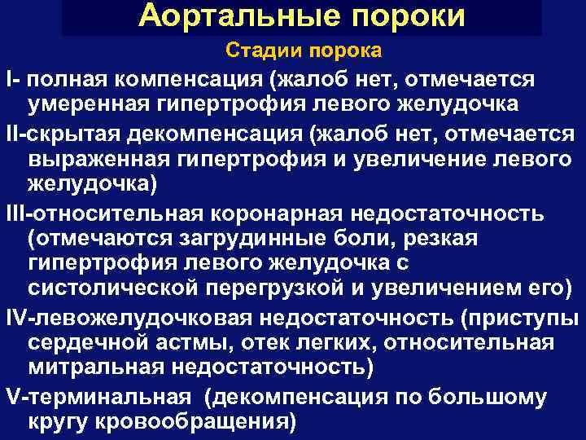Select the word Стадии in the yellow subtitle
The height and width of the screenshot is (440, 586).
point(259,51)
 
